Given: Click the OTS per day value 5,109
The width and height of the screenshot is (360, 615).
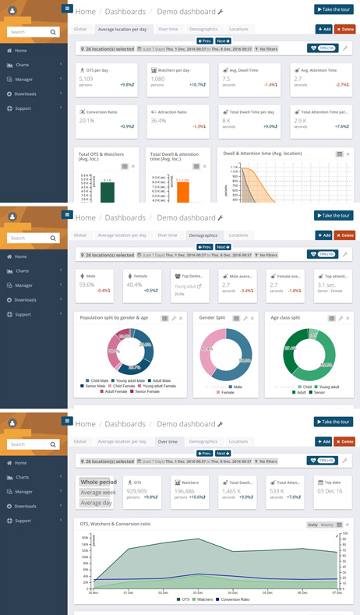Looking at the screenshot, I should coord(86,79).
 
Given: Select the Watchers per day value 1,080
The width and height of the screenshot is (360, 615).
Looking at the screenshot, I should coord(157,79).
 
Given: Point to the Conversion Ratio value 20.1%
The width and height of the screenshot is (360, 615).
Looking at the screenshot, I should coord(86,121).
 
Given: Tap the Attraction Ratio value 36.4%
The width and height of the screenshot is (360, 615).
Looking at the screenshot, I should coord(158,121).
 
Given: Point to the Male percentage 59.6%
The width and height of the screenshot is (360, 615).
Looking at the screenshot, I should coord(86,285).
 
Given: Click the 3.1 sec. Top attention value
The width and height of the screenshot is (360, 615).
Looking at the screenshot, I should coord(326,285).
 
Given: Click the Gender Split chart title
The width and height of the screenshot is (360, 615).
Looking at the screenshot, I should coord(212,318).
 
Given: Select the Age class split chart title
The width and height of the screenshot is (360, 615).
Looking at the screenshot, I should coord(285,318).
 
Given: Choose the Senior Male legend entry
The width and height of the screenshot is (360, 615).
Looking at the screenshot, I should coord(95,386).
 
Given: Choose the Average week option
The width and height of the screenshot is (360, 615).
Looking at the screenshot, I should coord(98,493).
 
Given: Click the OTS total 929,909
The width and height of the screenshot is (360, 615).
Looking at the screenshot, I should coord(137,491).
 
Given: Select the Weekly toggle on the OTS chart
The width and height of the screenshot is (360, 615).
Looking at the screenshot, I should coord(326,525).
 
